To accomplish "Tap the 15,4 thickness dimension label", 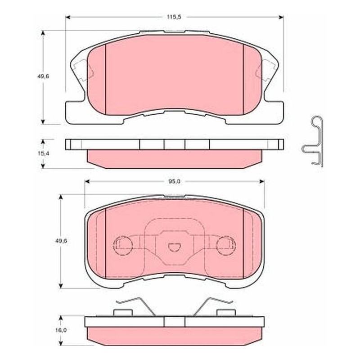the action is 43,153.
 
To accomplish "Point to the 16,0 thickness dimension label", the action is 61,330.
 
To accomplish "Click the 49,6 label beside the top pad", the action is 43,76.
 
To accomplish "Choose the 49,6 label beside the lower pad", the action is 61,241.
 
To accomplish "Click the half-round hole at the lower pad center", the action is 174,247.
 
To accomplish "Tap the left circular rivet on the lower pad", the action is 123,246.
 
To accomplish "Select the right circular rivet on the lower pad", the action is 226,246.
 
